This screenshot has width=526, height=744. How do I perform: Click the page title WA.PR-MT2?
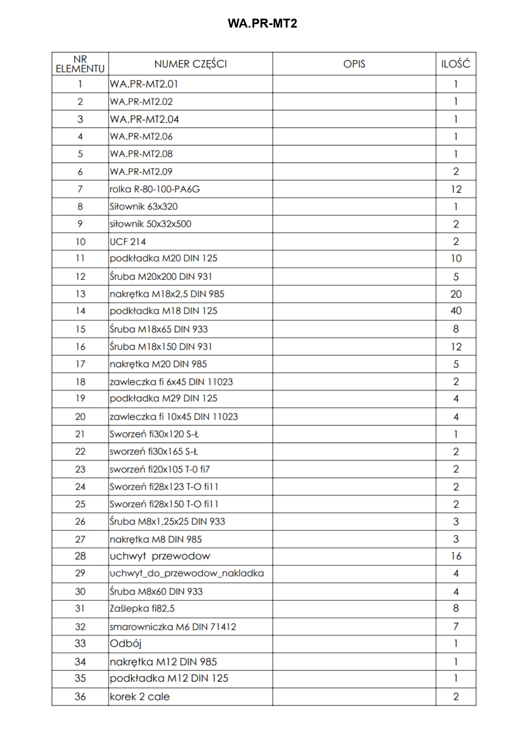point(262,23)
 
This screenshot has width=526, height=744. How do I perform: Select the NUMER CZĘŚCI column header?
point(191,64)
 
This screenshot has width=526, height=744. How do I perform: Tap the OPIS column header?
point(354,64)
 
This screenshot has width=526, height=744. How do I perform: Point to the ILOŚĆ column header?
point(456,64)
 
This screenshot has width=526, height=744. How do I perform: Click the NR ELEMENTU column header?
point(80,64)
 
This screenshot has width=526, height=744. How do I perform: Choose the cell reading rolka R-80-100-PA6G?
point(155,189)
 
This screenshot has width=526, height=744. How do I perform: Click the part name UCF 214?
point(128,242)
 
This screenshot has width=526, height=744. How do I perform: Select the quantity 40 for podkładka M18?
point(456,311)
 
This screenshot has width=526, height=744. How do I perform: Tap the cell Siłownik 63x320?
point(144,206)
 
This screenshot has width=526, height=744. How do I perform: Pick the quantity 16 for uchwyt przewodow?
point(456,556)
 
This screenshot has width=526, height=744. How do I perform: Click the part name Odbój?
point(125,644)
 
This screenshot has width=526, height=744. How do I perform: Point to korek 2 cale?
point(139,697)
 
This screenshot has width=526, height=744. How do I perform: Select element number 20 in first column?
point(80,417)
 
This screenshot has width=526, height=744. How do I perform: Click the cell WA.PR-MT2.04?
point(144,119)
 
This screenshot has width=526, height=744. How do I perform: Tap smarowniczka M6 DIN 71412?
point(173,627)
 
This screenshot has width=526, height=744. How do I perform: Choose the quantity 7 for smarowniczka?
point(456,626)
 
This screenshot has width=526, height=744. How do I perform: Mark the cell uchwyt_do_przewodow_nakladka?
point(186,573)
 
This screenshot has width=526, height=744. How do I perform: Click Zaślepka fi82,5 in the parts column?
point(142,608)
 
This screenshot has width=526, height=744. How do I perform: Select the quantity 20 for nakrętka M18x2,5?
point(456,294)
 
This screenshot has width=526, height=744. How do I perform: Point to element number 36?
point(80,697)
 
